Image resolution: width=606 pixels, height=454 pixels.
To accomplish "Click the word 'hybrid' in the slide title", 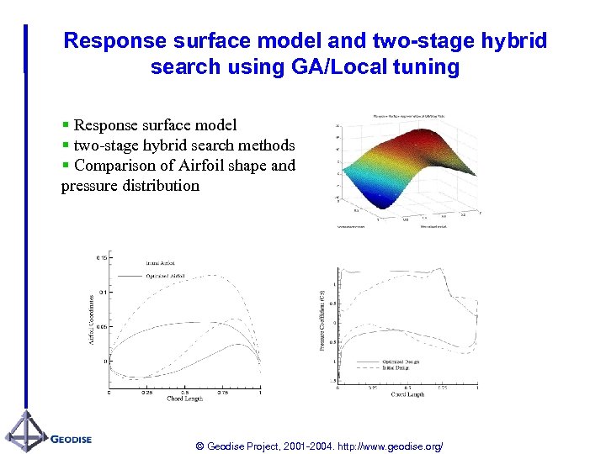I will [511, 40].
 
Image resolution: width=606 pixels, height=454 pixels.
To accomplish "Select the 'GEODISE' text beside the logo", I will [72, 439].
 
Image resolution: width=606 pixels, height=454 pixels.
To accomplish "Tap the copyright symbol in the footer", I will [199, 446].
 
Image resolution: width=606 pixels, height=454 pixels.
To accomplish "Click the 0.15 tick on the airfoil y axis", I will [101, 258].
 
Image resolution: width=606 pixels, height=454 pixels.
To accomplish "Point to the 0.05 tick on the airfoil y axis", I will [101, 326].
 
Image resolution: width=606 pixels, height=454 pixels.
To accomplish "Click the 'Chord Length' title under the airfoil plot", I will [186, 399].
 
